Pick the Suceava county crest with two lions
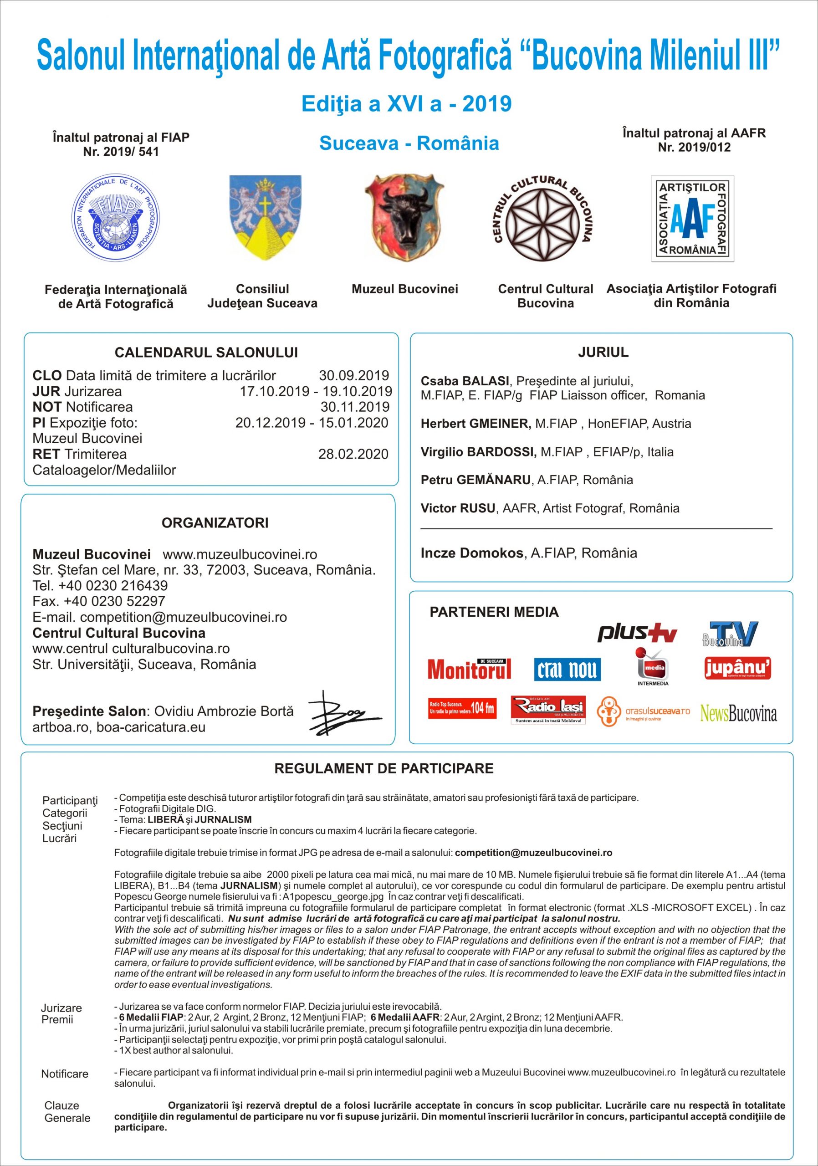click(x=265, y=217)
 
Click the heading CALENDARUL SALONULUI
click(x=206, y=353)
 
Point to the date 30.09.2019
click(x=353, y=376)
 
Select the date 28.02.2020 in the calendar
click(x=353, y=454)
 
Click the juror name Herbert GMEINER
click(x=475, y=424)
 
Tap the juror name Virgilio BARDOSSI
click(x=478, y=452)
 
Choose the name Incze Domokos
click(x=472, y=553)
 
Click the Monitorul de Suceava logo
click(x=469, y=670)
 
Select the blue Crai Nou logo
click(x=567, y=670)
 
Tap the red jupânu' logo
click(x=738, y=668)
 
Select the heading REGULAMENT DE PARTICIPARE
click(x=384, y=768)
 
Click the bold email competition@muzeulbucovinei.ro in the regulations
click(x=533, y=853)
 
